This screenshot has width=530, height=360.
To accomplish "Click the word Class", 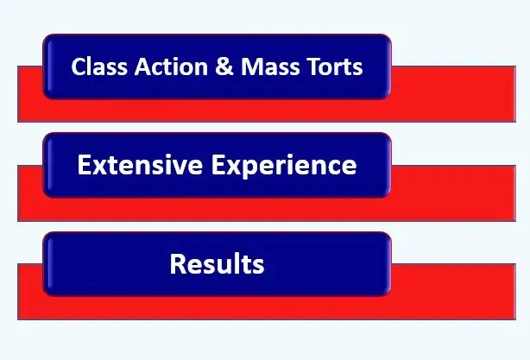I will click(95, 67).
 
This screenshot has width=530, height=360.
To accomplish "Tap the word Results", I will click(217, 263).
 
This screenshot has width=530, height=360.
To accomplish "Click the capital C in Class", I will click(78, 67).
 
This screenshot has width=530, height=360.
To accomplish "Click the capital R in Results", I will click(178, 263).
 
